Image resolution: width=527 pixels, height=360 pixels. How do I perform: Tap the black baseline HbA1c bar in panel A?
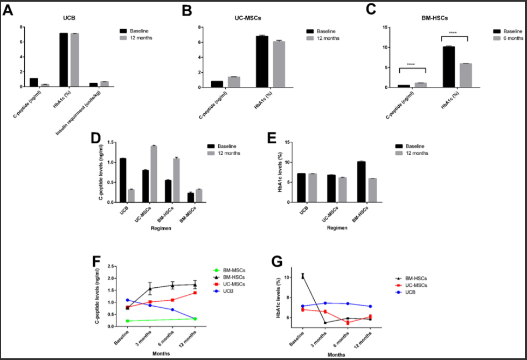(x=64, y=59)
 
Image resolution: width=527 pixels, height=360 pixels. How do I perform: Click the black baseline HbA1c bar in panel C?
(x=448, y=66)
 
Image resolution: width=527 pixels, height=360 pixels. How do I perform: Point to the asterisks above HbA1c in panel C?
(x=453, y=33)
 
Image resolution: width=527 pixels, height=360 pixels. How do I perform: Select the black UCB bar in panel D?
(x=123, y=180)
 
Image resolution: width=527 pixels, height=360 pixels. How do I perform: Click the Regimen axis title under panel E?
(x=337, y=228)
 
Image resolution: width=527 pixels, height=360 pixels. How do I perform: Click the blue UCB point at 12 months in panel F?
(x=195, y=319)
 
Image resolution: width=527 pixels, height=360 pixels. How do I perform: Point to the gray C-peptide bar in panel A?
(x=45, y=85)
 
